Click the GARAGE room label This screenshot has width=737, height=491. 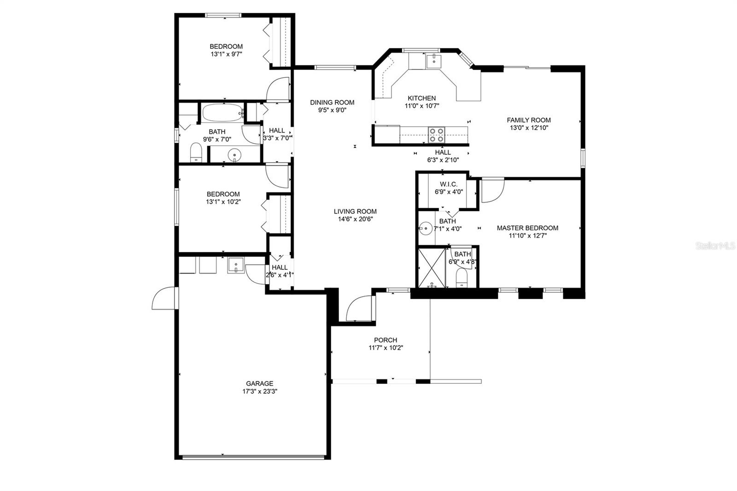point(259,383)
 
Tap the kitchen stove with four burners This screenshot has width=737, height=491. point(436,135)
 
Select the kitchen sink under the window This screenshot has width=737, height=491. point(433,61)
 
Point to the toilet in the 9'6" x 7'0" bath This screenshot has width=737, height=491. point(197,152)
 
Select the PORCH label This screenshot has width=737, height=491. point(386,340)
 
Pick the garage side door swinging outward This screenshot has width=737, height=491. point(164,299)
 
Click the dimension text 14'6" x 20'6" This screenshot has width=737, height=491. point(355,219)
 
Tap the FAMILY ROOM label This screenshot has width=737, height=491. point(529,120)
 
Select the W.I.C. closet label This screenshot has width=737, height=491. point(448,184)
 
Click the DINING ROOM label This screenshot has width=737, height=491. point(332,102)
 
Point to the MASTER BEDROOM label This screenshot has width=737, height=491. point(527,228)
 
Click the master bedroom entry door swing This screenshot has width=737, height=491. point(492,191)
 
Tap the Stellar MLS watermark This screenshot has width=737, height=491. point(715,246)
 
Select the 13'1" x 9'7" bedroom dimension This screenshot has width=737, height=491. point(226,54)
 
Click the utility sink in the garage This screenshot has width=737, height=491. point(236,265)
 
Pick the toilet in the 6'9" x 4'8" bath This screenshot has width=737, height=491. point(461,278)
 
